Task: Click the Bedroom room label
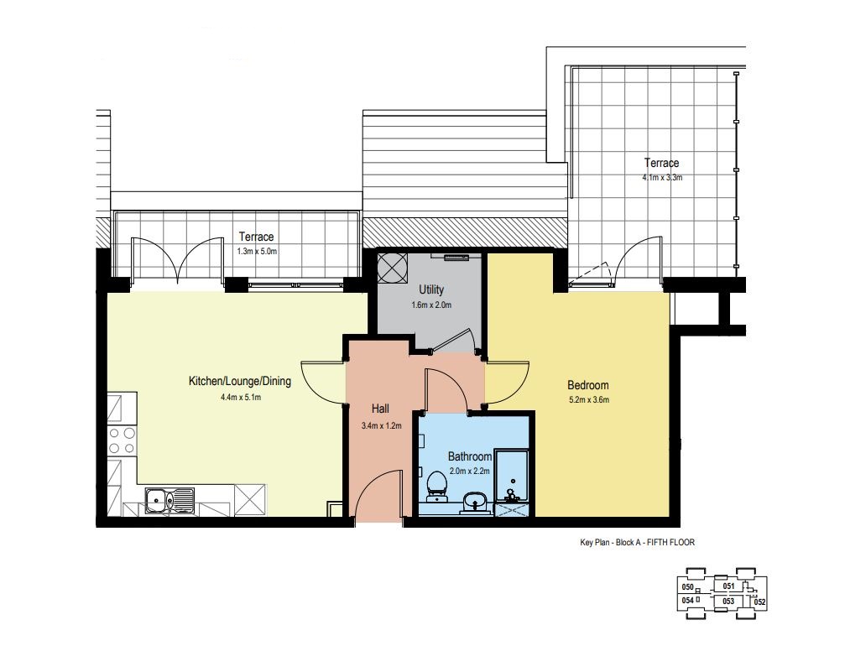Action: [588, 385]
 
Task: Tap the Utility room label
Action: [431, 290]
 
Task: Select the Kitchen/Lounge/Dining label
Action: [240, 381]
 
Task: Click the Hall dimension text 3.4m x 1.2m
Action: [382, 425]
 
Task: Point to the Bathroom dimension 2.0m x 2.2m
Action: [469, 471]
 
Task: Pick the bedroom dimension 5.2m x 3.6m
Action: [589, 400]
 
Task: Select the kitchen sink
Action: [170, 501]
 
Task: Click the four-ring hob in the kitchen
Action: [122, 440]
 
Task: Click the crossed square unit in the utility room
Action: [393, 268]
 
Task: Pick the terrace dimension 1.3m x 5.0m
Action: [257, 251]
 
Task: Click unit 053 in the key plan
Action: [728, 602]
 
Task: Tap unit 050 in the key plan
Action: [687, 587]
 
